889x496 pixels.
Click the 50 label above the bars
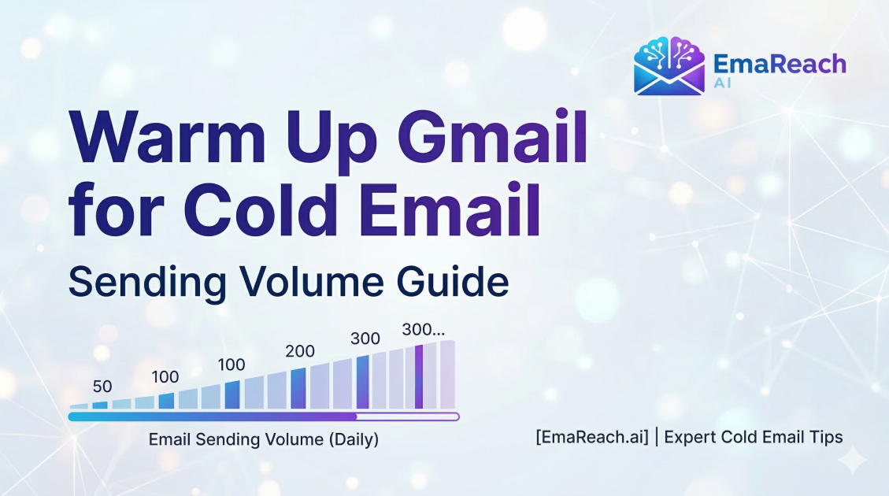tap(102, 387)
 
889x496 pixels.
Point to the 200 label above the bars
tap(300, 352)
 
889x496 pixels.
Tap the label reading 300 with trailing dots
tap(424, 329)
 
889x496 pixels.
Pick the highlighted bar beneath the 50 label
tap(100, 405)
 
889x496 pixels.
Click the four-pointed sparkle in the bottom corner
tap(852, 458)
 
